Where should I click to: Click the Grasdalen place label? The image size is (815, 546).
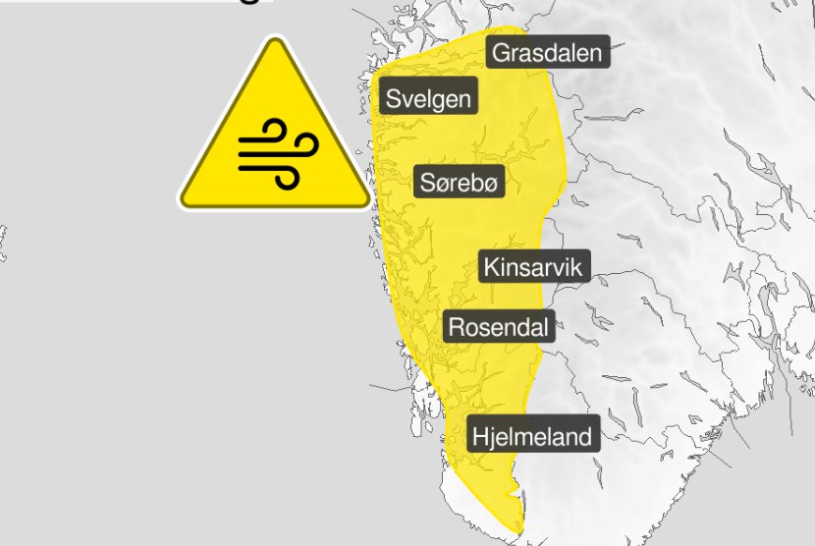547,52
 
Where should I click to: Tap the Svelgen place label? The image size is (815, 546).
429,99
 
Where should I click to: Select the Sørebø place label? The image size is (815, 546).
460,182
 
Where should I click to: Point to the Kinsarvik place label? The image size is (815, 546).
534,267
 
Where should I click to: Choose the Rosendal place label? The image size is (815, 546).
499,326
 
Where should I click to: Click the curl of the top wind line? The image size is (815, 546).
276,131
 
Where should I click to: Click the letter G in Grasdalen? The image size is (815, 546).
502,52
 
